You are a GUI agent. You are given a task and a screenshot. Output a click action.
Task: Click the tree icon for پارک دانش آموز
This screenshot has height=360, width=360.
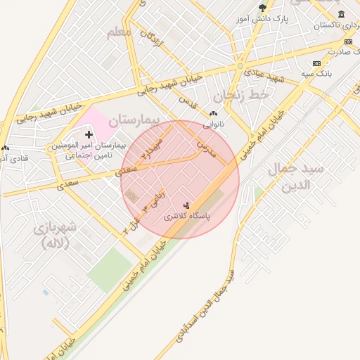[x=263, y=8]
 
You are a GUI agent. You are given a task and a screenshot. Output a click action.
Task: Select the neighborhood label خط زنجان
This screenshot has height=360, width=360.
[x=243, y=94]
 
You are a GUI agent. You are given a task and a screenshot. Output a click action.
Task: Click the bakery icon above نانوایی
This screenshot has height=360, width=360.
[x=214, y=113]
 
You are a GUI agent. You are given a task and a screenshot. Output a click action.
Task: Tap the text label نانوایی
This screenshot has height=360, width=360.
[x=214, y=124]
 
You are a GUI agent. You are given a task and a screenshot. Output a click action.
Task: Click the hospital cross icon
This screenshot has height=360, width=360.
[x=89, y=134]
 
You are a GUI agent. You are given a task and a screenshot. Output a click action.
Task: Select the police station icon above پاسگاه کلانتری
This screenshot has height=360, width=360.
[x=186, y=205]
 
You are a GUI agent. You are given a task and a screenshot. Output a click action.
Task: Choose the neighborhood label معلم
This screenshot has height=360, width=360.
[x=119, y=32]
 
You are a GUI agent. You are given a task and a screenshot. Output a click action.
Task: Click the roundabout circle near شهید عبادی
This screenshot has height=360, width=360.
[x=240, y=65]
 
